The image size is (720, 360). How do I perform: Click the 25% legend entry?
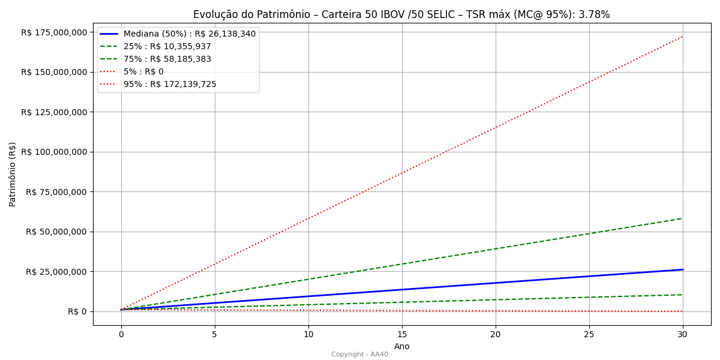tap(167, 46)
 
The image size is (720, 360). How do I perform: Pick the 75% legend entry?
tap(167, 59)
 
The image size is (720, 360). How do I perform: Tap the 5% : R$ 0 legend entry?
tap(143, 71)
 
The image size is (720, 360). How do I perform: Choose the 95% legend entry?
tap(170, 84)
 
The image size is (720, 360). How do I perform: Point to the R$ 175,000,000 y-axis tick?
tap(55, 32)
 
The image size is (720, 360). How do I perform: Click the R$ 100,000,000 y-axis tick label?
tap(55, 152)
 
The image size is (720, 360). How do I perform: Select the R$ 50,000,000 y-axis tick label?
tap(57, 232)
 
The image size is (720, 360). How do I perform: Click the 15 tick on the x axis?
tap(402, 334)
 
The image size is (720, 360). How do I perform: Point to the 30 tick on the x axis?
tap(683, 334)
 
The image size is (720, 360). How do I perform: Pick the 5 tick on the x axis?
tap(215, 334)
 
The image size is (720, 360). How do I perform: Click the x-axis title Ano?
tap(402, 346)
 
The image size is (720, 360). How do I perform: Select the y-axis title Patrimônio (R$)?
tap(13, 174)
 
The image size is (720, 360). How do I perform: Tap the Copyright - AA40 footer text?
tap(359, 354)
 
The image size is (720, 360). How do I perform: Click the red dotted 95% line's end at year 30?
tap(682, 37)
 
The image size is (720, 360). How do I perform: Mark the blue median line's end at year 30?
tap(682, 269)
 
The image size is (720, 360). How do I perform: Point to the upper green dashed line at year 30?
tap(682, 218)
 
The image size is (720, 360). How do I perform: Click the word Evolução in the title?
tap(213, 14)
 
